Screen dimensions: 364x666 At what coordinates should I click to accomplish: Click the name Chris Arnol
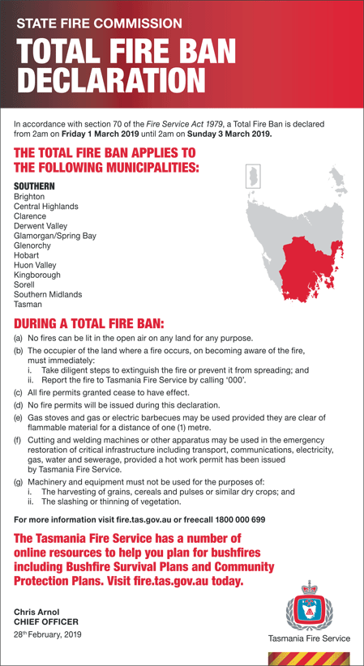[x=37, y=612]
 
